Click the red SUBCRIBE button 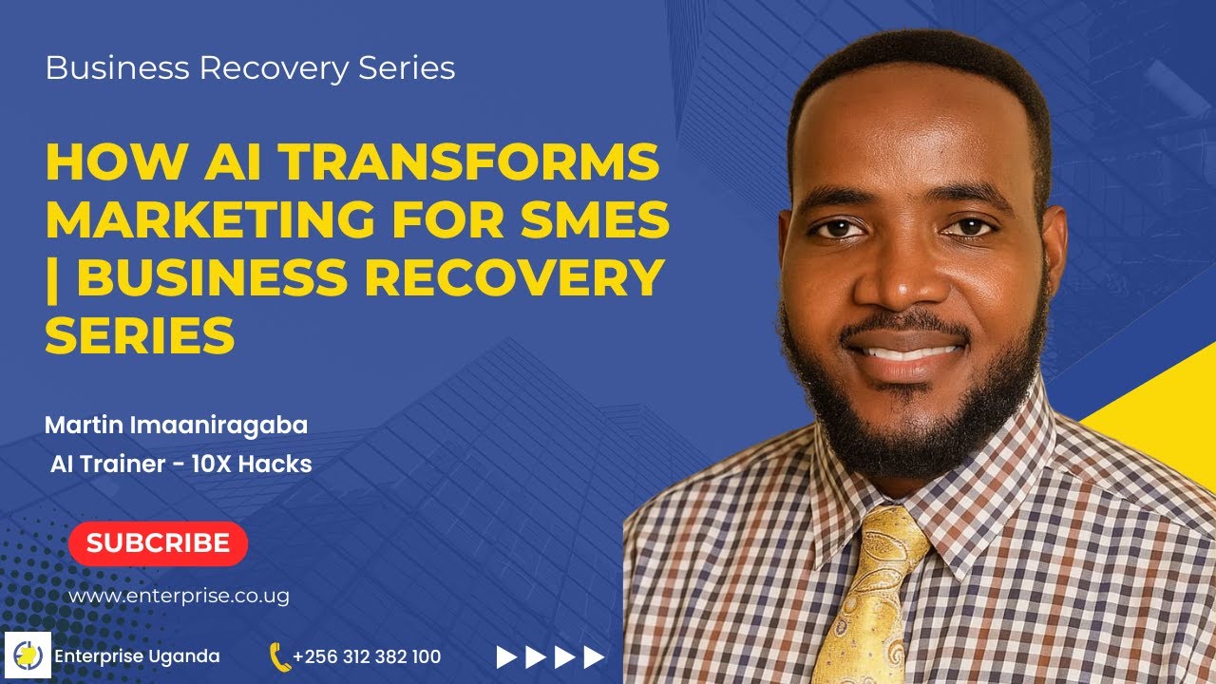coord(158,543)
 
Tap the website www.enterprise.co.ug coord(179,597)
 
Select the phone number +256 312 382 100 coord(367,656)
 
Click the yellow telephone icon coord(279,656)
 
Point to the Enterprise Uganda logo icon coord(28,656)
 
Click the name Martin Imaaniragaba coord(176,425)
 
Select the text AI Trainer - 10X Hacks coord(180,465)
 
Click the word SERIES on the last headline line coord(140,335)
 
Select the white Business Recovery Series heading coord(250,68)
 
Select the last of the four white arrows coord(594,656)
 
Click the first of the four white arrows coord(507,656)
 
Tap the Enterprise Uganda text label coord(137,656)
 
